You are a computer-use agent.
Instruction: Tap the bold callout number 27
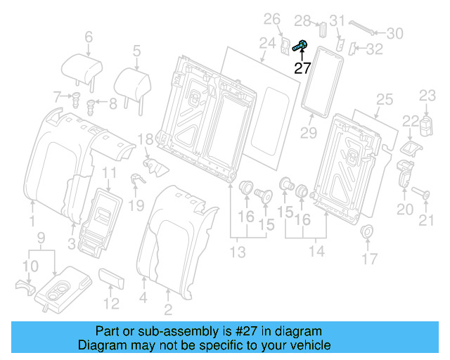coord(302,68)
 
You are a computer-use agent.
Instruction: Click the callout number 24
coord(266,44)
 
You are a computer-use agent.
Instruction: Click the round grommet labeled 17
coord(367,233)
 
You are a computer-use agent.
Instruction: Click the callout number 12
coord(112,304)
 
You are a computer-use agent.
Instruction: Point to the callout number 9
coord(41,237)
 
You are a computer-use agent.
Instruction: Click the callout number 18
coord(145,140)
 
